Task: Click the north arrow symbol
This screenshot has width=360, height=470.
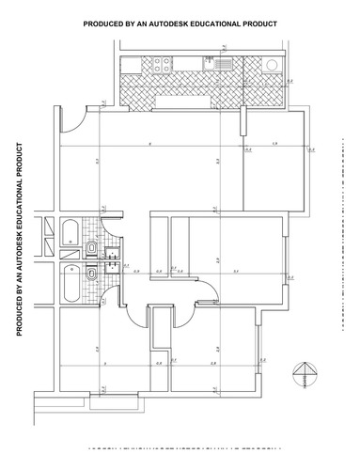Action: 304,374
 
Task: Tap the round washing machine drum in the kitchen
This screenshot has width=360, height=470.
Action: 271,65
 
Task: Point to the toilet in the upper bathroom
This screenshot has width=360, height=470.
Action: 92,247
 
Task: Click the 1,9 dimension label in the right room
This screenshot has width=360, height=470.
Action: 274,144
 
